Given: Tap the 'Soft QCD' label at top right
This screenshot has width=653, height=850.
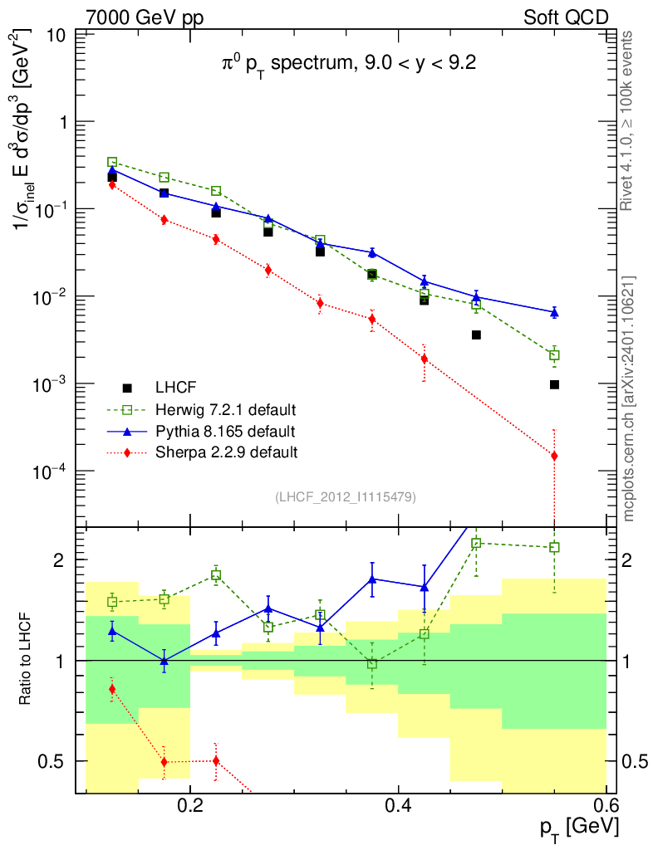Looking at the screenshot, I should pyautogui.click(x=566, y=17).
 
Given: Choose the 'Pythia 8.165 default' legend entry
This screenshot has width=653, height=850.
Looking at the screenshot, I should pyautogui.click(x=225, y=431).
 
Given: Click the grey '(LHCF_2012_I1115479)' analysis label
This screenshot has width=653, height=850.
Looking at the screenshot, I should pyautogui.click(x=345, y=497).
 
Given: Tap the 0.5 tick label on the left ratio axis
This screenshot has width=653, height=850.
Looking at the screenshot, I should pyautogui.click(x=55, y=761).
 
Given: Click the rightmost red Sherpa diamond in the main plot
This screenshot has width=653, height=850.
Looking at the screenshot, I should pyautogui.click(x=554, y=456).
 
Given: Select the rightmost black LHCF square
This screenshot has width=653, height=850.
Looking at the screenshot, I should pyautogui.click(x=554, y=384).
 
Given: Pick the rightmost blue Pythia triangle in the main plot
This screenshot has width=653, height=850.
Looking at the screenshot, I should pyautogui.click(x=554, y=312).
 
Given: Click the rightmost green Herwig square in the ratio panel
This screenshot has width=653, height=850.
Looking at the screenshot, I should pyautogui.click(x=554, y=547).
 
